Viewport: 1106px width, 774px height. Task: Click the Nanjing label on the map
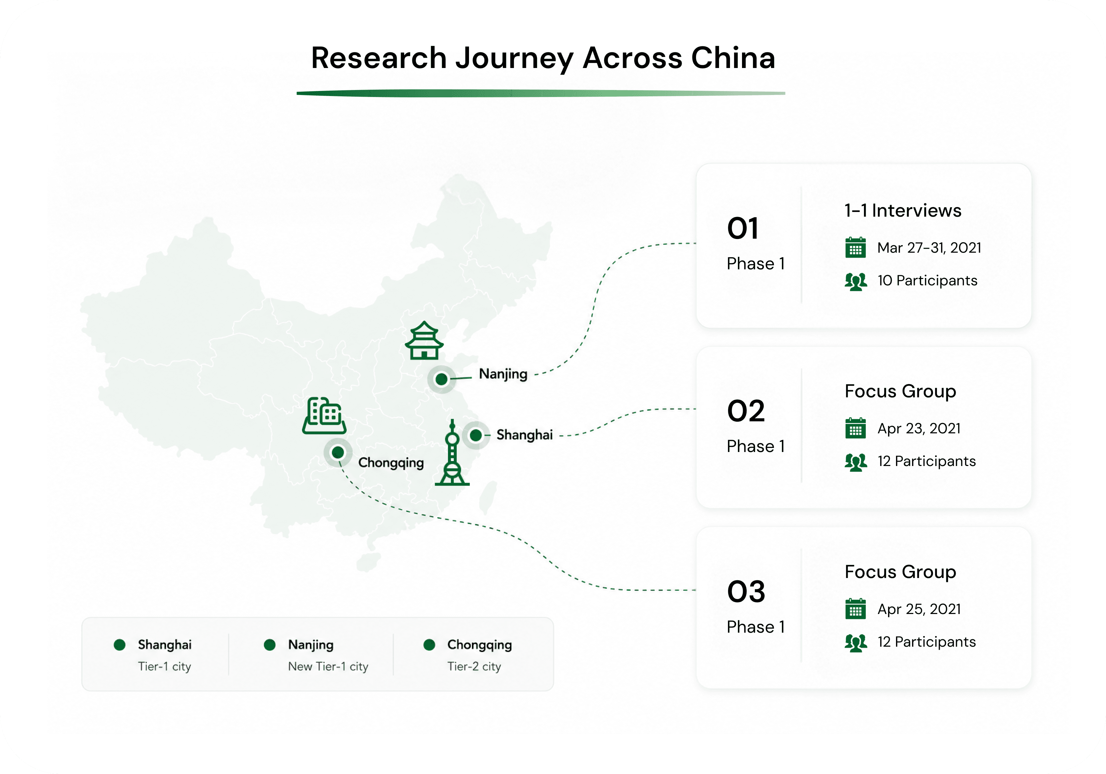click(503, 374)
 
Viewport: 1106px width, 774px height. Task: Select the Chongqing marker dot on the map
click(338, 452)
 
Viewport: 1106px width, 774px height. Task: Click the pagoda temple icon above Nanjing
click(424, 341)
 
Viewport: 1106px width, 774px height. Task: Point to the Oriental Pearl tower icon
click(452, 452)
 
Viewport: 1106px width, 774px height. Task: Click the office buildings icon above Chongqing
click(324, 416)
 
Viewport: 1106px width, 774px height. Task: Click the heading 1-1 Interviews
click(903, 210)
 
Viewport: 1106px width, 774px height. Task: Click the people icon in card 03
click(856, 643)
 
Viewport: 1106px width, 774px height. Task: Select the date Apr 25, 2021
click(919, 609)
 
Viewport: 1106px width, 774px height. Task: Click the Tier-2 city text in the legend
click(474, 667)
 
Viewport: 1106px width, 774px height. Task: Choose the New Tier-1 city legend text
click(328, 667)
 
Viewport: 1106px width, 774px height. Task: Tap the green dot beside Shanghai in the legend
click(119, 644)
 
